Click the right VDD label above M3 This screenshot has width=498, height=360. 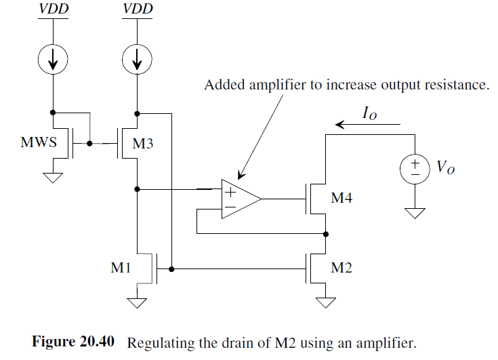pyautogui.click(x=138, y=9)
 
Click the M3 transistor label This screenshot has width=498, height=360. pyautogui.click(x=144, y=144)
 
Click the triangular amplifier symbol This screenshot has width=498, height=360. pyautogui.click(x=239, y=199)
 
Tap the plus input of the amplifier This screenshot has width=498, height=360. pyautogui.click(x=230, y=191)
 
